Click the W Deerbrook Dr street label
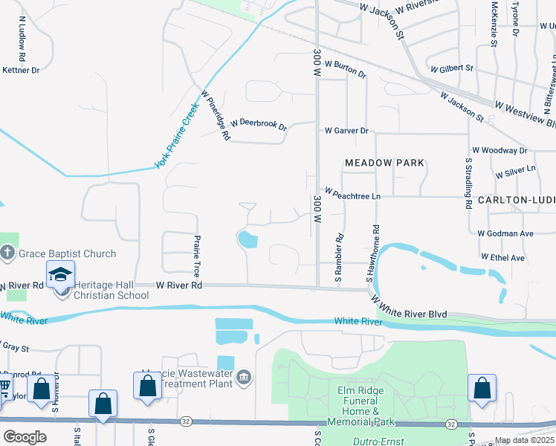tap(259, 123)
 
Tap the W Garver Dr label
tap(346, 131)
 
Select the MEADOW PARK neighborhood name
tap(384, 163)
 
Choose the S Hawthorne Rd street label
tap(369, 253)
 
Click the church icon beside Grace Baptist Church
tap(8, 254)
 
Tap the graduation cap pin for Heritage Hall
tap(60, 276)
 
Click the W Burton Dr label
tap(345, 69)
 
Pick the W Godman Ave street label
tap(505, 233)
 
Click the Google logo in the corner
tap(25, 437)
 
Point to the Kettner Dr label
tap(21, 70)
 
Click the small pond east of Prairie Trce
tap(246, 239)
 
